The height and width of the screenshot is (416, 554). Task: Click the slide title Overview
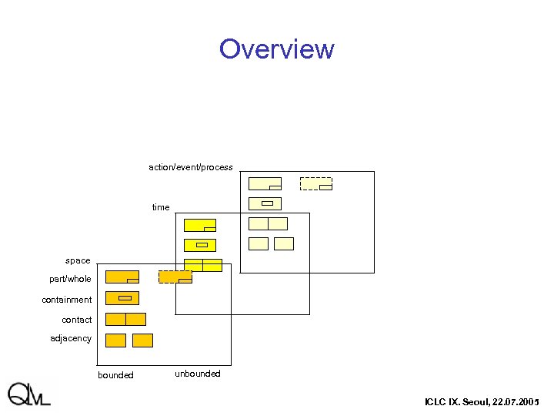[x=276, y=49]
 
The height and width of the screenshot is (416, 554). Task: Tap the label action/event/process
[x=191, y=167]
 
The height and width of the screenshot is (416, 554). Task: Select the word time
[x=161, y=207]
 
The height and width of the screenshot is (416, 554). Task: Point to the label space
[x=78, y=260]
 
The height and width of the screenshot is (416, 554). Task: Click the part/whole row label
[x=70, y=279]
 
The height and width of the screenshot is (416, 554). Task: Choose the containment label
[x=67, y=300]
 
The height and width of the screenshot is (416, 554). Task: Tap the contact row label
[x=77, y=320]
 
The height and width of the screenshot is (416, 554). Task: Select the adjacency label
[x=71, y=338]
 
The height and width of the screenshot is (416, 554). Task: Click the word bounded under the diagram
[x=115, y=375]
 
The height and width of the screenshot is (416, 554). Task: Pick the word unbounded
[x=198, y=374]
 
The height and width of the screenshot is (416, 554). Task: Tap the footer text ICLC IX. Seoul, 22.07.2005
[x=482, y=402]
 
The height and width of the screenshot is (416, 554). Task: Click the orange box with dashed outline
[x=175, y=277]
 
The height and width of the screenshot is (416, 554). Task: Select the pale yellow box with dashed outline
[x=315, y=183]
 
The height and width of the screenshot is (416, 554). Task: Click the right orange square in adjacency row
[x=142, y=341]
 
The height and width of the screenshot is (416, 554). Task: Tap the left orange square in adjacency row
[x=115, y=341]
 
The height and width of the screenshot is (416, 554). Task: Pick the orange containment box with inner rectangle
[x=122, y=298]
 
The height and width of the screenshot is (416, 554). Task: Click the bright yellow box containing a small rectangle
[x=200, y=245]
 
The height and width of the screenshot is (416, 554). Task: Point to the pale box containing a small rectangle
[x=265, y=203]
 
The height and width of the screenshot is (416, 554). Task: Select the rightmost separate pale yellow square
[x=284, y=243]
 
